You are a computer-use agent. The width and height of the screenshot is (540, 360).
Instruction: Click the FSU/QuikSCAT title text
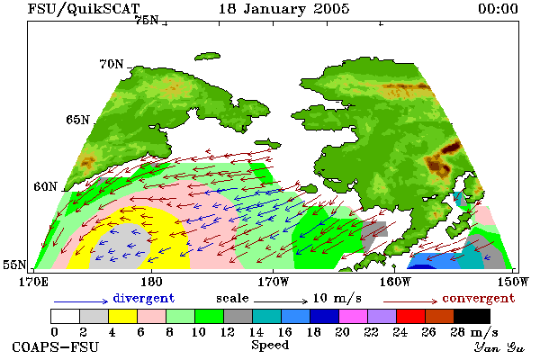(x=84, y=9)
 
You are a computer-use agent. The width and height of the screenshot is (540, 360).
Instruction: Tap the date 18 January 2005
(x=284, y=9)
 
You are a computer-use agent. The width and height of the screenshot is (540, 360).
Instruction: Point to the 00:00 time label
(x=498, y=9)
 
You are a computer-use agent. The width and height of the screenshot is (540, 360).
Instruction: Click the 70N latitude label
(x=112, y=64)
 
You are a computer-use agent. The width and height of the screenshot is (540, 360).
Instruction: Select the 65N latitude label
(x=77, y=120)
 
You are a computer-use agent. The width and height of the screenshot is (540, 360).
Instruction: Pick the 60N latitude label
(x=45, y=186)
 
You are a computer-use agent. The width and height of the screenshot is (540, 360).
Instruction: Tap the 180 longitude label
(x=151, y=282)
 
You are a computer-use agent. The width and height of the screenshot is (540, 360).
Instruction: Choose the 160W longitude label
(x=395, y=282)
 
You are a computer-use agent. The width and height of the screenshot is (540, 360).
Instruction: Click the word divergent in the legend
(x=144, y=298)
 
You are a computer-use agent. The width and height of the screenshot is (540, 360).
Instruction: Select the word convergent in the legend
(x=479, y=298)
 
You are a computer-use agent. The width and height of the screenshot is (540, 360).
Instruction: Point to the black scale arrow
(x=281, y=301)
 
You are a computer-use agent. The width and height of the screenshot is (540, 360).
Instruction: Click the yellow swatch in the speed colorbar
(x=122, y=316)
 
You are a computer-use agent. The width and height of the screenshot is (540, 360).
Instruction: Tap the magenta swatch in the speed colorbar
(x=354, y=316)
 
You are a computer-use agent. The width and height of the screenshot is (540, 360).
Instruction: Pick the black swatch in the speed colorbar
(x=472, y=316)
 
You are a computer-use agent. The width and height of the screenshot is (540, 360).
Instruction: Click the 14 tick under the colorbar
(x=256, y=332)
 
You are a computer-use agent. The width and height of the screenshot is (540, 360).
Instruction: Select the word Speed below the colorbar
(x=270, y=345)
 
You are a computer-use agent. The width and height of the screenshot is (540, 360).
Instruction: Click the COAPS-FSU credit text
(x=55, y=346)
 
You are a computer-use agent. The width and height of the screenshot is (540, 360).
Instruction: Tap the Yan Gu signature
(x=499, y=347)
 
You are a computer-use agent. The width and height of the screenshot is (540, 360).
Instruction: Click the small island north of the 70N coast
(x=207, y=56)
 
